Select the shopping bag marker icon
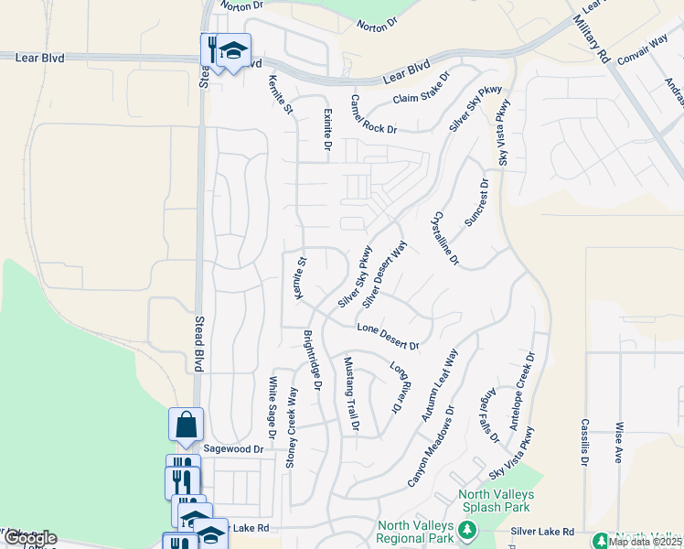pyautogui.click(x=186, y=425)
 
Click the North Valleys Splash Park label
pyautogui.click(x=497, y=500)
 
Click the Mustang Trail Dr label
pyautogui.click(x=350, y=393)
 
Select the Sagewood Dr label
pyautogui.click(x=232, y=449)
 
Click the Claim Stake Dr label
pyautogui.click(x=422, y=89)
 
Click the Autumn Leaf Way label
pyautogui.click(x=441, y=385)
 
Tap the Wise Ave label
pyautogui.click(x=619, y=442)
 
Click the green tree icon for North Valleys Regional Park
pyautogui.click(x=466, y=530)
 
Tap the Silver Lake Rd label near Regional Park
pyautogui.click(x=542, y=532)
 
